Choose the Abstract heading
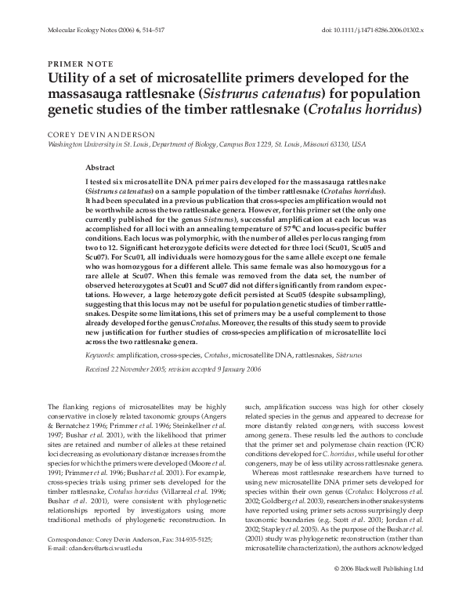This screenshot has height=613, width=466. (x=100, y=168)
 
